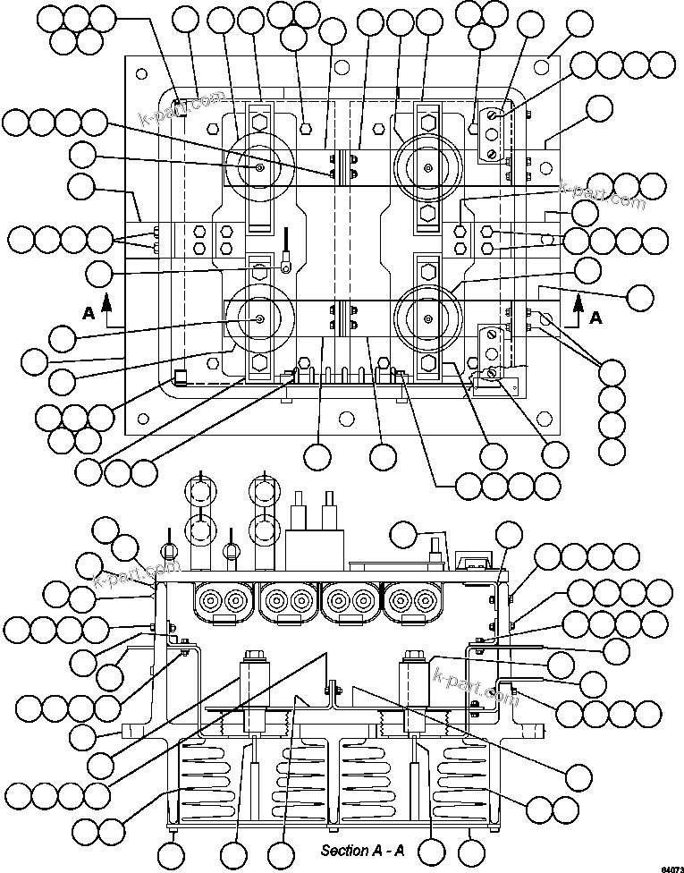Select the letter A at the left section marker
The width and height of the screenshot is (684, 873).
click(x=88, y=313)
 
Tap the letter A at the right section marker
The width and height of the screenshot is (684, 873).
click(x=596, y=317)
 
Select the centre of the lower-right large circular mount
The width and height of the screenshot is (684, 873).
click(x=428, y=320)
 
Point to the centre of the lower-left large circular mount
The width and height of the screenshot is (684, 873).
click(x=258, y=320)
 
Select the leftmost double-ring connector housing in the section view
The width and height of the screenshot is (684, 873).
click(x=224, y=600)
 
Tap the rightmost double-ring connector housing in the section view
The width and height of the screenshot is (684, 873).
click(x=410, y=600)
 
